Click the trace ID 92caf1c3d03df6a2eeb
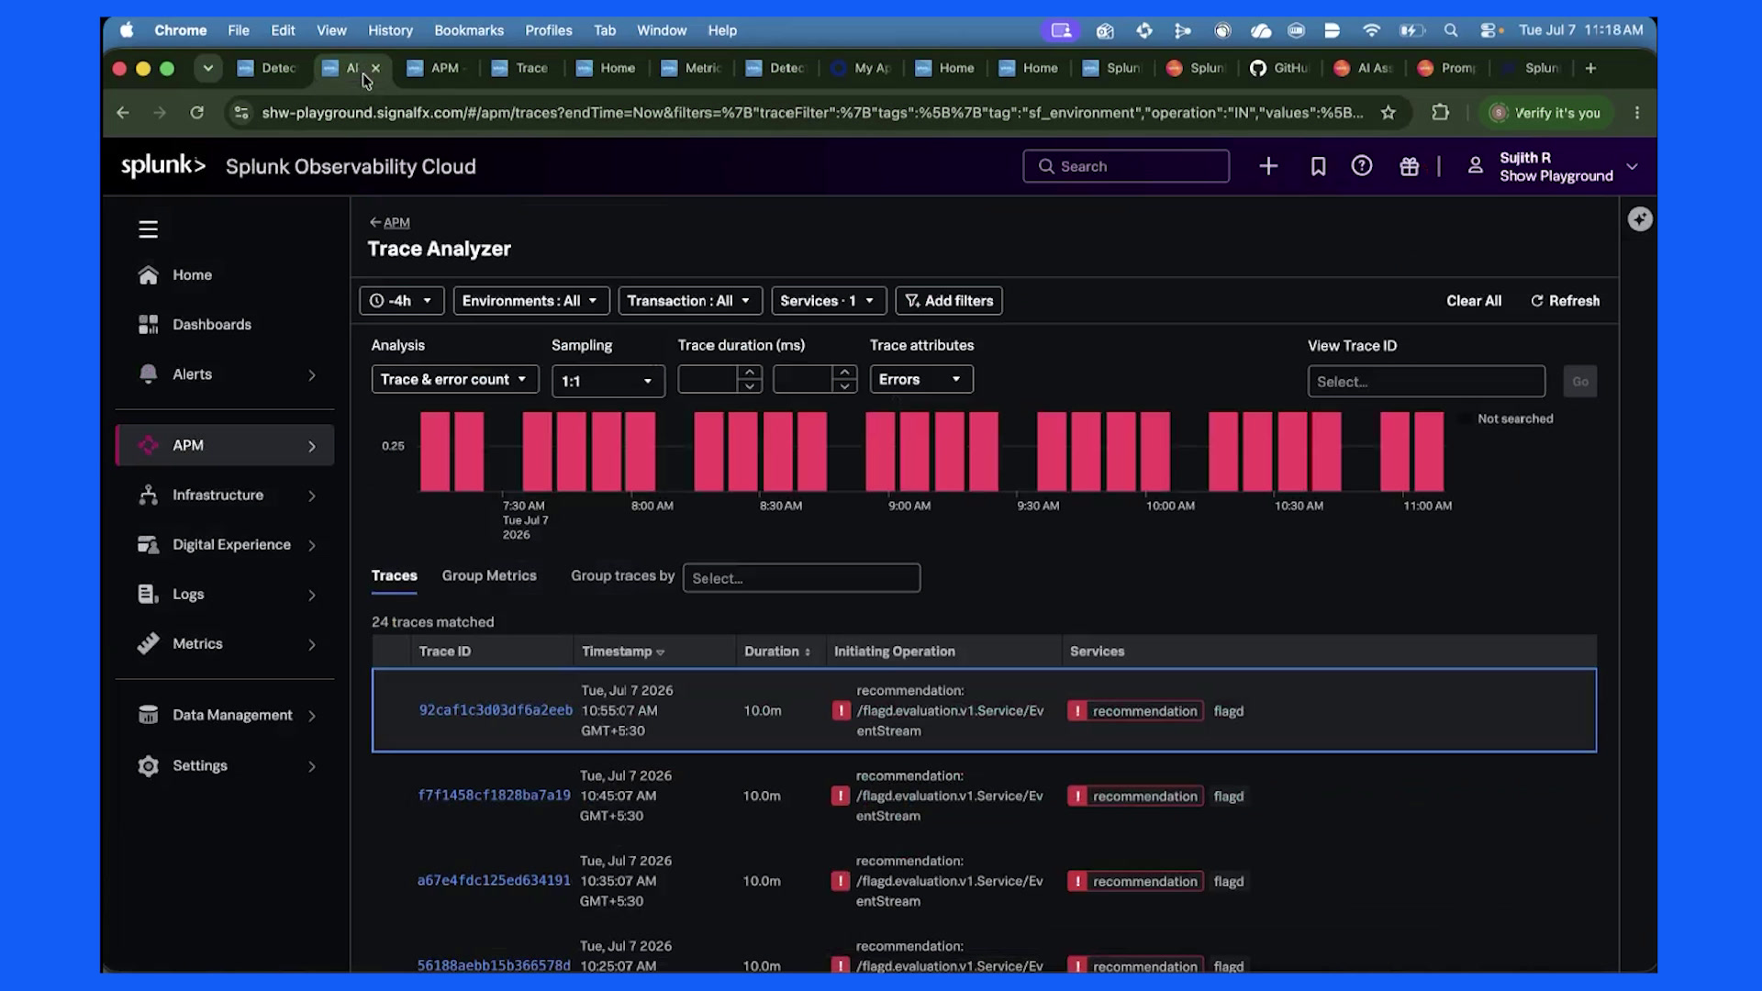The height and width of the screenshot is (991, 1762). [496, 710]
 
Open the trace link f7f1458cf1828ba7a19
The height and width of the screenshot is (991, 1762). [494, 796]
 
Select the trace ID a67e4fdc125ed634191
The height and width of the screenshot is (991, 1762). [494, 881]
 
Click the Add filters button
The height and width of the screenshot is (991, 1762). [949, 301]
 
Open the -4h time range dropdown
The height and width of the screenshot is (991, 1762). [401, 301]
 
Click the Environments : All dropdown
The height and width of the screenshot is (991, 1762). [530, 301]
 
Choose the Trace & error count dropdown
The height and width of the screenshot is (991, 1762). [454, 380]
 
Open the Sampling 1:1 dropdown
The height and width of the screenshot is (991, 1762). [608, 381]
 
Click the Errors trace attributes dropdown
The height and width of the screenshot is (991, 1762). [921, 380]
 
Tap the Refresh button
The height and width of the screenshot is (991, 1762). [1566, 301]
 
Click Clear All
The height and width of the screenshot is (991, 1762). [1474, 301]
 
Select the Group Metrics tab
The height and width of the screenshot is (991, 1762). [489, 575]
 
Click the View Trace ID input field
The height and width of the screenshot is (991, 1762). [1426, 382]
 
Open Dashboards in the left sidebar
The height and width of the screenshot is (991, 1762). [212, 325]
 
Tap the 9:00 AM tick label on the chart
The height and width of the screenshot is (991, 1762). [909, 506]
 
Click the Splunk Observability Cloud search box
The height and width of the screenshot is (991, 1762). [1126, 166]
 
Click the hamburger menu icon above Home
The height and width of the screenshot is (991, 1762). [148, 229]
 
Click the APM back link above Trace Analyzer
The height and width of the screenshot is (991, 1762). [390, 223]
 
